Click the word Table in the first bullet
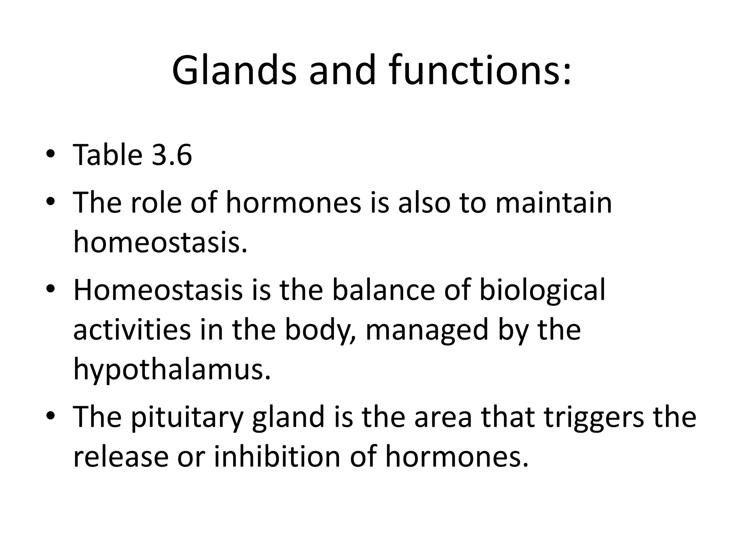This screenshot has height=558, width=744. tap(108, 155)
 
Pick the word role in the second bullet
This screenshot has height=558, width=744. tap(156, 202)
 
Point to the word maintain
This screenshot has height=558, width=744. tap(554, 202)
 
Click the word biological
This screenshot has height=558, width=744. tap(542, 291)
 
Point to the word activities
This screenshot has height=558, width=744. tap(132, 330)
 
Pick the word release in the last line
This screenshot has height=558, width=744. tap(121, 457)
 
